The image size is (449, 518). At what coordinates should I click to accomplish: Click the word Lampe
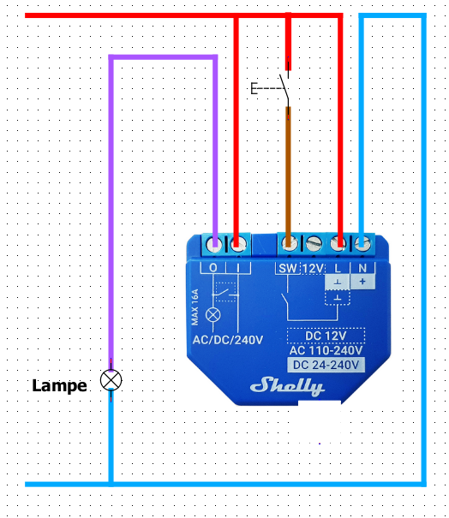59,385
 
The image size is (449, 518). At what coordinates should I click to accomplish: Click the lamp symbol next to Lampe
111,380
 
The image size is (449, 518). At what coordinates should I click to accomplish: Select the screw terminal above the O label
214,245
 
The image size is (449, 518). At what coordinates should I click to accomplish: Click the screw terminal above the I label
238,245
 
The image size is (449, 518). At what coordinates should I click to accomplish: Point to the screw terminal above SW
290,244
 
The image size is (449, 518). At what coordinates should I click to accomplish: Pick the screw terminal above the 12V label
314,244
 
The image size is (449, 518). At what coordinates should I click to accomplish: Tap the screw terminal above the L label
338,244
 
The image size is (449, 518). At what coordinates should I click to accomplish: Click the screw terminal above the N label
362,244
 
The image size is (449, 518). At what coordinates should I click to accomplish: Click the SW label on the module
288,268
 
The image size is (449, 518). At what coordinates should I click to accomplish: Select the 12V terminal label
313,268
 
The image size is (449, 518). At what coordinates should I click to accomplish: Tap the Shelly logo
287,386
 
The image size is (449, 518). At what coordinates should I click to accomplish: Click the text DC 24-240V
326,365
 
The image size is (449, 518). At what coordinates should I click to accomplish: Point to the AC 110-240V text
326,350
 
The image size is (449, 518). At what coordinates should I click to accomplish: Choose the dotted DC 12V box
326,336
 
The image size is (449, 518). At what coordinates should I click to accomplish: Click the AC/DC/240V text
228,340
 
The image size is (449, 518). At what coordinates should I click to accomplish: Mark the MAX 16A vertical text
195,307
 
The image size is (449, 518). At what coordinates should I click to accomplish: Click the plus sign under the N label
362,282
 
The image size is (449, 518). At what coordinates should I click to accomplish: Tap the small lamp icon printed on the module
213,315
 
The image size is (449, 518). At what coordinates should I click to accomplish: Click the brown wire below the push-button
288,175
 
